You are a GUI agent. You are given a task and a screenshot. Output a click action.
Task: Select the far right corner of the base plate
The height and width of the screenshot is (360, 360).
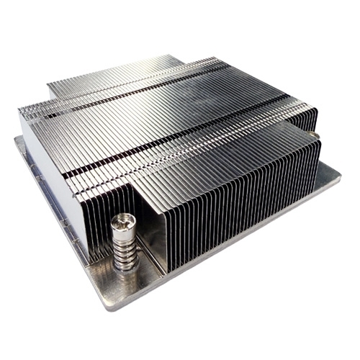click(x=339, y=173)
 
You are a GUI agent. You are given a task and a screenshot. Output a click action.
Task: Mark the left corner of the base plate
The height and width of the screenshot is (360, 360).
click(x=16, y=138)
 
